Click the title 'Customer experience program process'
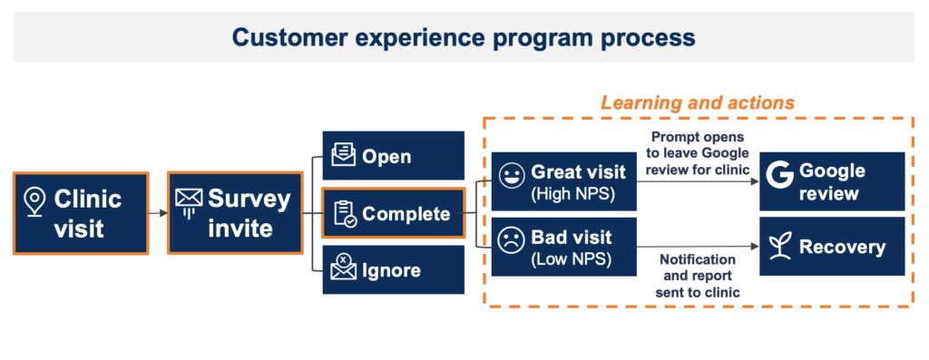464,37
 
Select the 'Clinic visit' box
81,213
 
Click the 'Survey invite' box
234,213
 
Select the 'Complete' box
393,214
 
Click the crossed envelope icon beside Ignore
343,269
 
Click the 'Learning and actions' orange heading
697,102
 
